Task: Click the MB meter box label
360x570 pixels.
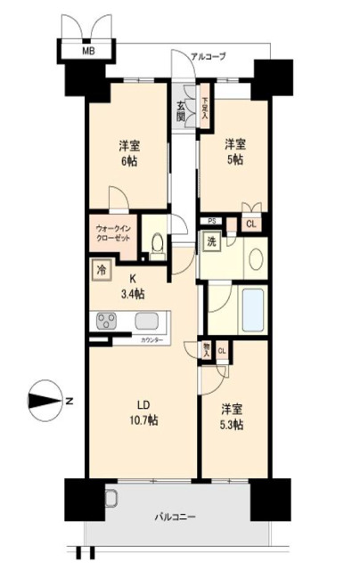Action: click(88, 52)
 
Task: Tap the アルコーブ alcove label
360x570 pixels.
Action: click(209, 56)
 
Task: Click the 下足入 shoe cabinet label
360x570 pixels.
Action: click(204, 107)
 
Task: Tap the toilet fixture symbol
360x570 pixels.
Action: click(157, 240)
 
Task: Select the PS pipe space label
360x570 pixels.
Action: click(212, 222)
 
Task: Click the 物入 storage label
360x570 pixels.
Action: click(207, 351)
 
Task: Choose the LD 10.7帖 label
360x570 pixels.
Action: click(142, 411)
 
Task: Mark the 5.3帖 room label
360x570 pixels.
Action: click(235, 419)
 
